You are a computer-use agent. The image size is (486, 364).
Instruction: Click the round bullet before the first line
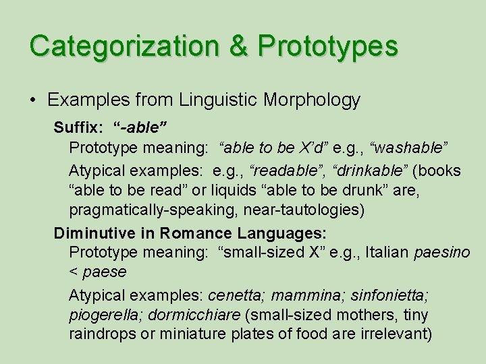click(x=32, y=100)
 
